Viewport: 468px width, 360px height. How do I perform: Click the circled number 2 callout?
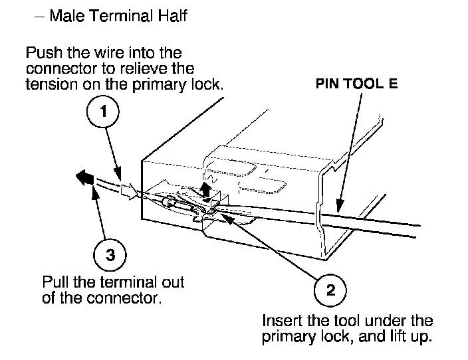tap(330, 291)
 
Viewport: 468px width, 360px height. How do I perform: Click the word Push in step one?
tap(41, 51)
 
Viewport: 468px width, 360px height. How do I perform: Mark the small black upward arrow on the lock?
tap(206, 190)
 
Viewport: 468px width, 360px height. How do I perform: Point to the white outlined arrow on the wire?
tap(130, 190)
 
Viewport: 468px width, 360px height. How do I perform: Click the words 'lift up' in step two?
tap(408, 336)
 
